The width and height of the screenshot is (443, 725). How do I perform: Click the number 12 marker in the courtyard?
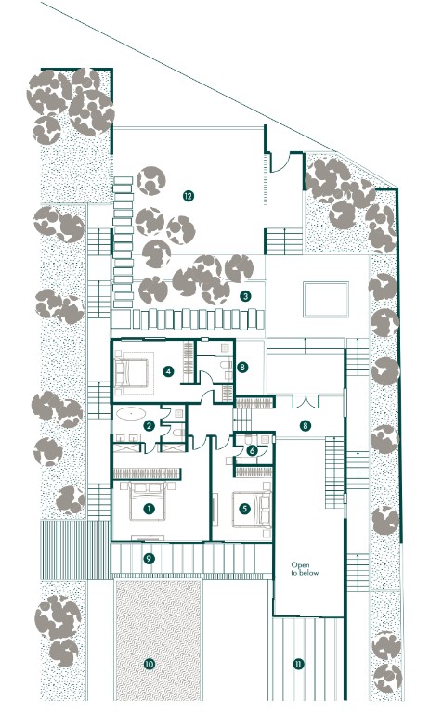[188, 196]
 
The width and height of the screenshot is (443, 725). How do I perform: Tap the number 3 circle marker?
[245, 296]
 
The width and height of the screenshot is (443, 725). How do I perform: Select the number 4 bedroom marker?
[168, 370]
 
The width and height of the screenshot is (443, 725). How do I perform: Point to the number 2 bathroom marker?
[149, 426]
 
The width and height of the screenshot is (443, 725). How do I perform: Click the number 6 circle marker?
[252, 450]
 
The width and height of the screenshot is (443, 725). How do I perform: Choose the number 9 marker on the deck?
[149, 559]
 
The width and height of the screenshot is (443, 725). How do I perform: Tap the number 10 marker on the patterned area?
[149, 665]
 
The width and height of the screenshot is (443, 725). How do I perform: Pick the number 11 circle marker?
[298, 665]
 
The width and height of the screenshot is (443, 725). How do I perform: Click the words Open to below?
[305, 569]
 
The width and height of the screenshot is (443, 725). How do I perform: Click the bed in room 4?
[132, 372]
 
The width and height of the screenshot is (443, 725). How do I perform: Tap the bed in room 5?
[251, 510]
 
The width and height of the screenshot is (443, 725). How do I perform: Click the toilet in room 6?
[250, 438]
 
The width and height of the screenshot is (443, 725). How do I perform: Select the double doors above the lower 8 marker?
[306, 401]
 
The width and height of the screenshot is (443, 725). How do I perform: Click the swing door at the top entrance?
[281, 162]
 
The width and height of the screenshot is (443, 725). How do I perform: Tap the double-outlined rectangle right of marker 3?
[326, 299]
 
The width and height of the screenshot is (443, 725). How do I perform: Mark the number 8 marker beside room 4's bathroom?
[241, 368]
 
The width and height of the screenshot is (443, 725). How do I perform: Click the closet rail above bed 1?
[147, 473]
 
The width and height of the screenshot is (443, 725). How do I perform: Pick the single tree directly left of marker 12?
[151, 180]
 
